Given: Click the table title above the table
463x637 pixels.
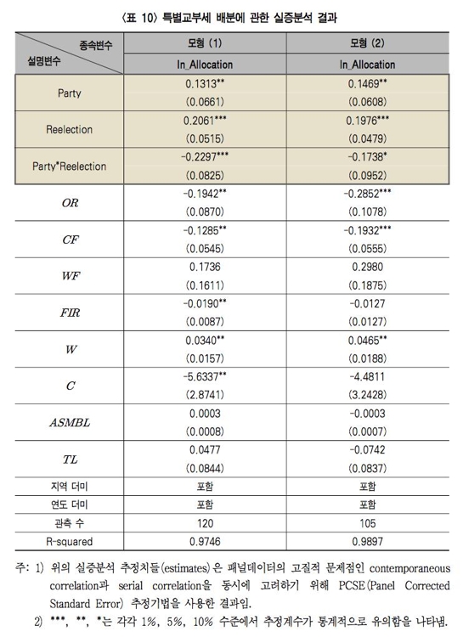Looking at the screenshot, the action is coord(231,12).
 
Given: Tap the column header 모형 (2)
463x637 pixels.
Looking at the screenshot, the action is coord(367,42).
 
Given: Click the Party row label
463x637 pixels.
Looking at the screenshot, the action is coord(70,93).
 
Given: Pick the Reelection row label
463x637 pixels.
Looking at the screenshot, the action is coord(70,130).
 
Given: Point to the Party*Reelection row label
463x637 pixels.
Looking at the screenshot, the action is coord(70,166).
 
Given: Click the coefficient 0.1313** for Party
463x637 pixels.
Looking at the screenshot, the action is coord(204,84).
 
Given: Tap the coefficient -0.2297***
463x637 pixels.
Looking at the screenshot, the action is coord(204,158).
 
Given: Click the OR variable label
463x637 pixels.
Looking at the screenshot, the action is coord(70,204).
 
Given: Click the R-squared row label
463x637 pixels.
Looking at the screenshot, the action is coord(70,542).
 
